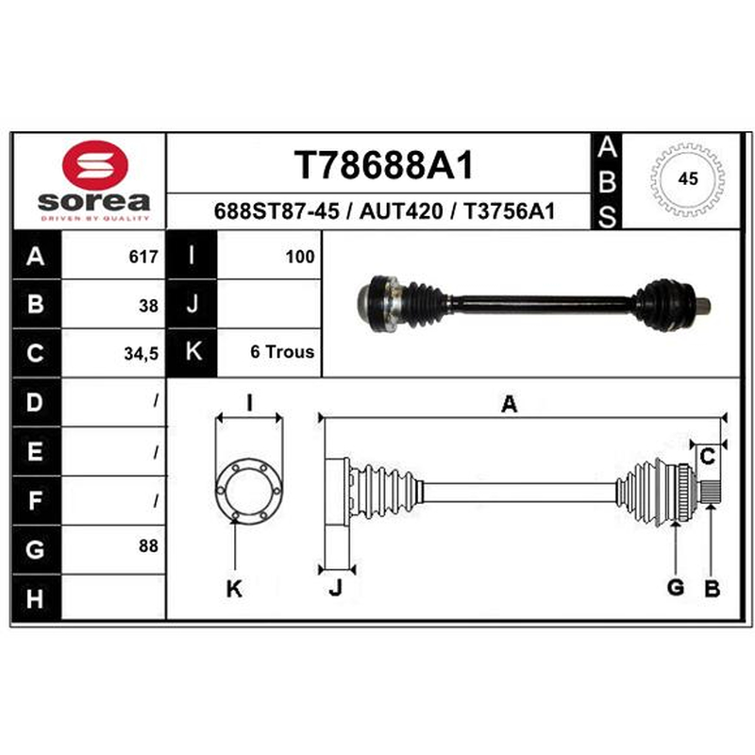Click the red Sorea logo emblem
(95, 165)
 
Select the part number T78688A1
(384, 165)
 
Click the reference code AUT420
(400, 211)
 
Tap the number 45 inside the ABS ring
(688, 179)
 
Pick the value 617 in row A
(143, 257)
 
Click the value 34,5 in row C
(141, 354)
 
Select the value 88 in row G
(148, 546)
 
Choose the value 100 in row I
(300, 257)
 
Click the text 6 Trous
(282, 352)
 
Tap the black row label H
(36, 598)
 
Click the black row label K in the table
(193, 352)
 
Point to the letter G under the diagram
(676, 587)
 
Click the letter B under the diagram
(713, 588)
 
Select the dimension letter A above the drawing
(510, 404)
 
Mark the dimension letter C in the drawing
(707, 457)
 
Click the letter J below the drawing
(336, 588)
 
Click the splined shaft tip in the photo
(703, 306)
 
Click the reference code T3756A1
(509, 211)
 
